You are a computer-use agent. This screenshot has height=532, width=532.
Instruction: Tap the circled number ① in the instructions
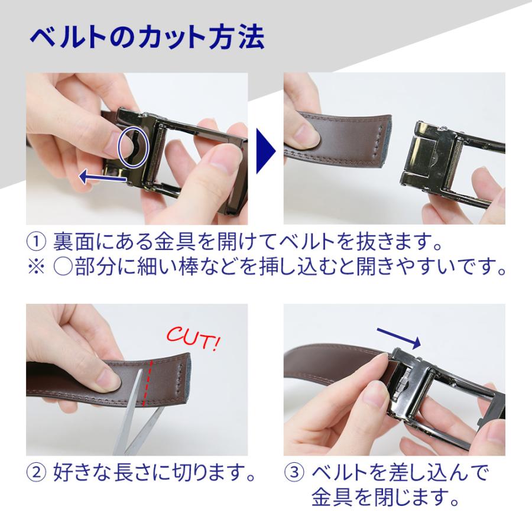[36, 243]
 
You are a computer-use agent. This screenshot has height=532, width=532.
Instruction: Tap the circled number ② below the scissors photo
[36, 473]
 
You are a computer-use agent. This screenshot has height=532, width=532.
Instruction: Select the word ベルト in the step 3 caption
[342, 473]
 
